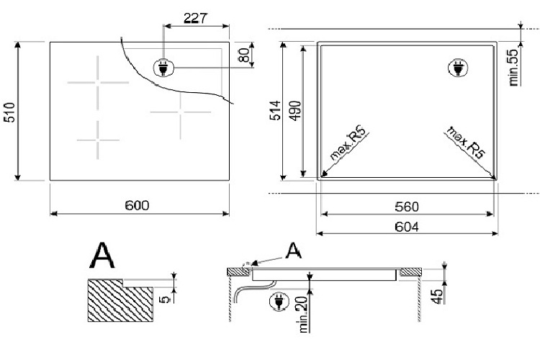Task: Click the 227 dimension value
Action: (x=197, y=18)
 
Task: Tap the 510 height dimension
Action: (x=9, y=112)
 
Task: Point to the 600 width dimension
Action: (x=137, y=206)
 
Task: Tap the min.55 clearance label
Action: (x=514, y=68)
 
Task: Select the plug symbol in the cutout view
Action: (x=456, y=68)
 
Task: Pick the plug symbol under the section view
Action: (x=276, y=302)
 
